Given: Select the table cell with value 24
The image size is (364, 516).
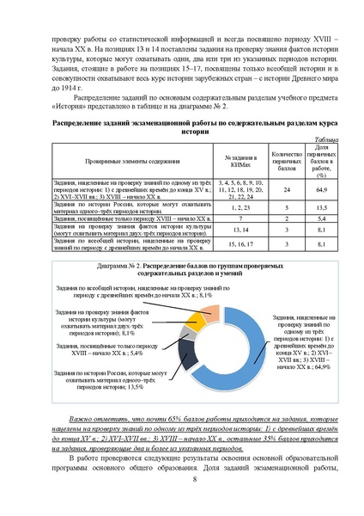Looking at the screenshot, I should [x=287, y=189].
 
